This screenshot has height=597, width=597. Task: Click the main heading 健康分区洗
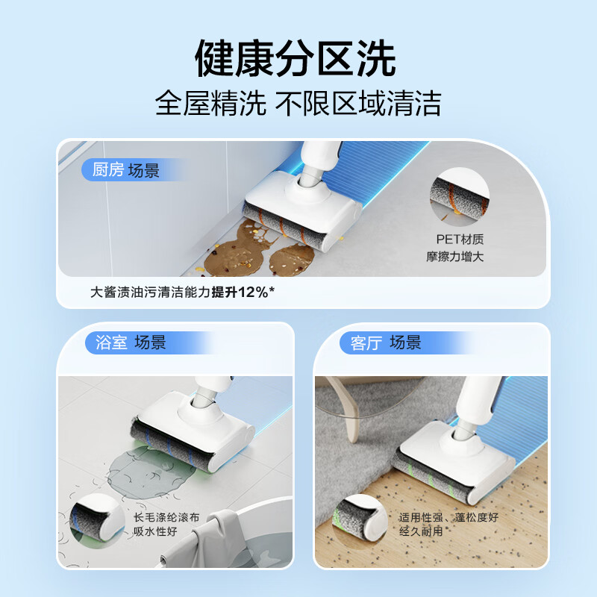click(296, 57)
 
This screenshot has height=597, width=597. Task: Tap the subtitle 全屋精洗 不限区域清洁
click(298, 102)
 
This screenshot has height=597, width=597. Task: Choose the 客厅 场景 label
click(385, 343)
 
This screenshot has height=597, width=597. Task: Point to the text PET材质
click(460, 240)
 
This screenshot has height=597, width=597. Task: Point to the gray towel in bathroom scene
click(216, 541)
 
